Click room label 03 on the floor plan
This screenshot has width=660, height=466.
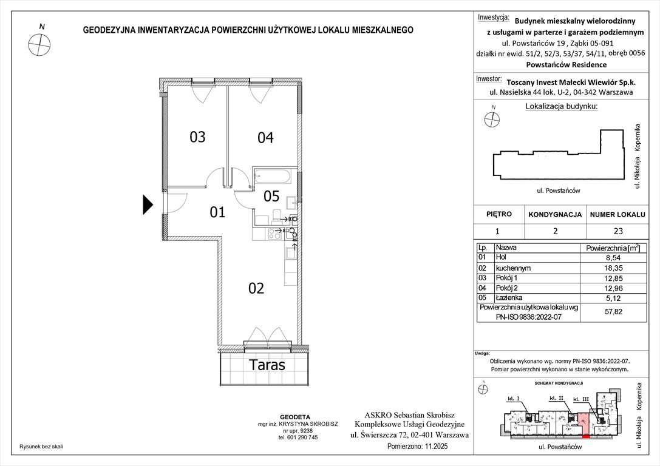pos(197,137)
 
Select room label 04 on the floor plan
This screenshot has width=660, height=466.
pos(265,138)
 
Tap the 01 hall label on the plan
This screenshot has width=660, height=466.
pos(217,212)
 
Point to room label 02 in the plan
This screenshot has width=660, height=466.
pos(256,288)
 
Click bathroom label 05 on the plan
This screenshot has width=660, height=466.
pos(271,196)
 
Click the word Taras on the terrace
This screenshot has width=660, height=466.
pos(267,365)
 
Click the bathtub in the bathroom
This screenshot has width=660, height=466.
pos(273,177)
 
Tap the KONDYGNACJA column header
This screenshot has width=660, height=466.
pos(555,215)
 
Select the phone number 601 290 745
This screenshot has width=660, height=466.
pos(298,437)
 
